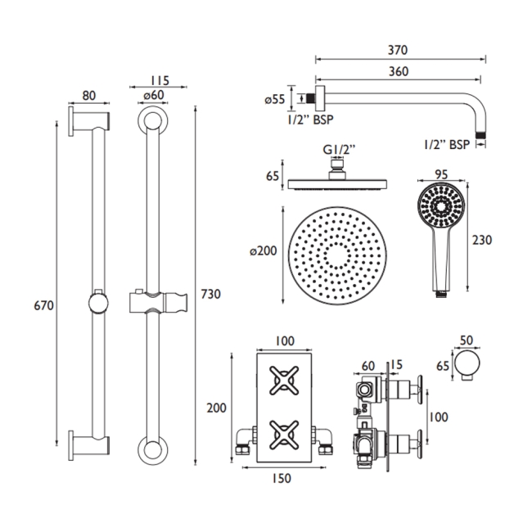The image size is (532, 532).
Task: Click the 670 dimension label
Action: pyautogui.click(x=43, y=305)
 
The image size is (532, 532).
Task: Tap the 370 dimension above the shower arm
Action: pyautogui.click(x=399, y=51)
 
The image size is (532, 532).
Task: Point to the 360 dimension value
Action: pyautogui.click(x=399, y=73)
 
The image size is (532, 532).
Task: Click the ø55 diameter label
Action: pyautogui.click(x=275, y=99)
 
